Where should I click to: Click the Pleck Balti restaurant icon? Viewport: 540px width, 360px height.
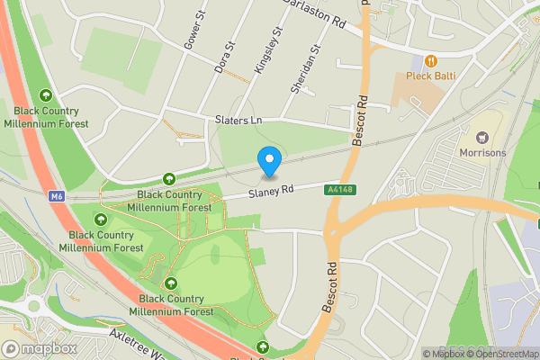coord(432,61)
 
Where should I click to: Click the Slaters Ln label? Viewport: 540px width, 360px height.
coord(238,120)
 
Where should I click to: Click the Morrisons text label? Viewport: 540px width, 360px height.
coord(484,153)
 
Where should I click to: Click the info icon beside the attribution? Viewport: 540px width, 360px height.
coord(427,354)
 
